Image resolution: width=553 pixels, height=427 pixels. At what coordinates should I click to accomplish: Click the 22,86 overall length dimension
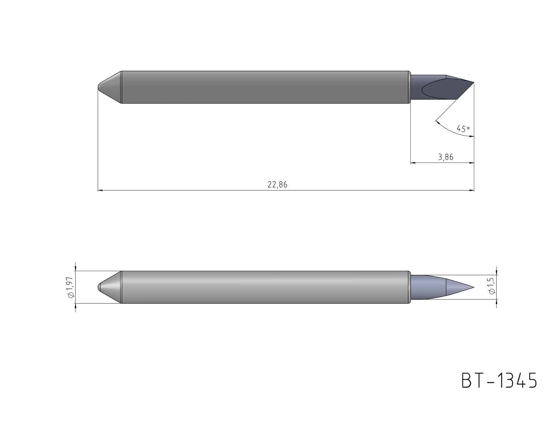coord(277,184)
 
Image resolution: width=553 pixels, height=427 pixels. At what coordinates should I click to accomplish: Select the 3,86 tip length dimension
coord(445,157)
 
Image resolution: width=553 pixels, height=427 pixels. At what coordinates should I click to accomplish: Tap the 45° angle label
coord(463,129)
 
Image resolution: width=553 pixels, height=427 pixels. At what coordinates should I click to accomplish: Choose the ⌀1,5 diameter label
coord(492,286)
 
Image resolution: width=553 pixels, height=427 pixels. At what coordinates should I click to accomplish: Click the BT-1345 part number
coord(499,381)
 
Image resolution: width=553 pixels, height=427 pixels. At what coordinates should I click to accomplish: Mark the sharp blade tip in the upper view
coord(474,83)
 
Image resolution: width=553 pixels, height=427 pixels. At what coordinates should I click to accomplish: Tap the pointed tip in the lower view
coord(474,287)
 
